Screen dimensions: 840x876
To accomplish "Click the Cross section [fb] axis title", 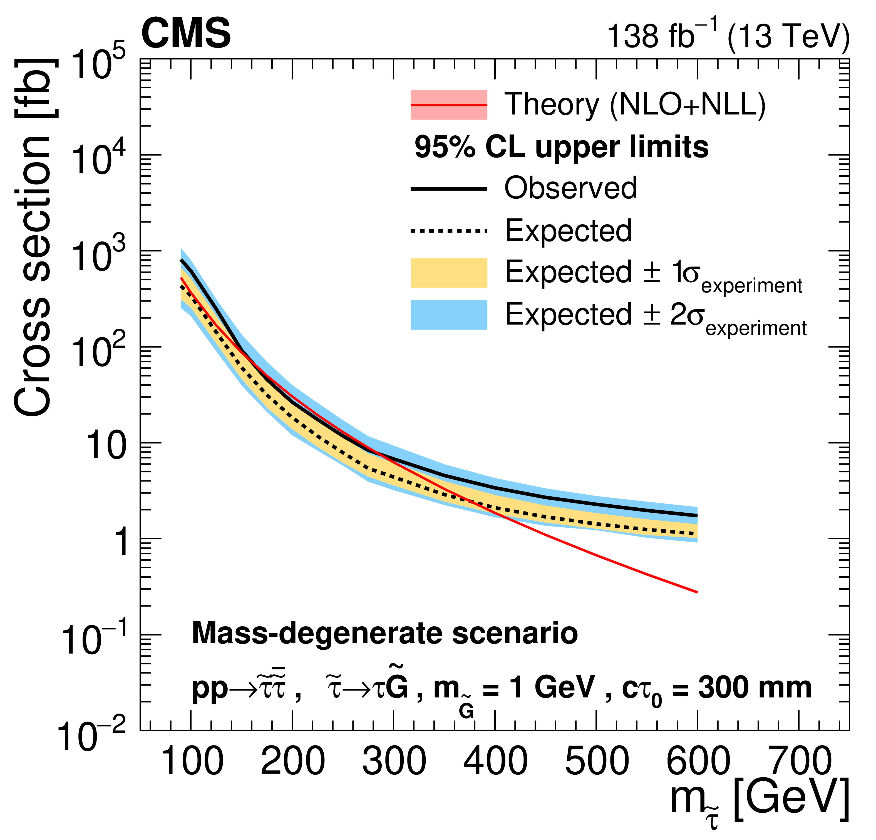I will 34,237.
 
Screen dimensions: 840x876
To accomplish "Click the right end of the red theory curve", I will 696,592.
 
